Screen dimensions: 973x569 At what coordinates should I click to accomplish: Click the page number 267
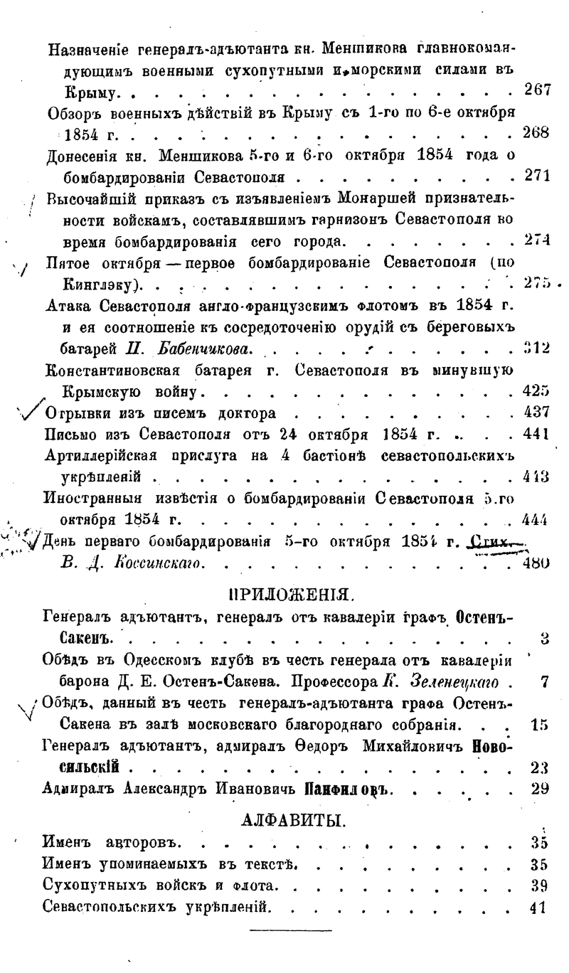(x=538, y=90)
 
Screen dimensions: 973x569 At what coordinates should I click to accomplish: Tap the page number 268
(x=538, y=133)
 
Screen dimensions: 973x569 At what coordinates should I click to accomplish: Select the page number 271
(x=538, y=176)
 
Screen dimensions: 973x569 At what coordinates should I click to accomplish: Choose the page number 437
(x=538, y=413)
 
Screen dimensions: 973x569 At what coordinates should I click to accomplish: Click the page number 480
(x=538, y=565)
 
